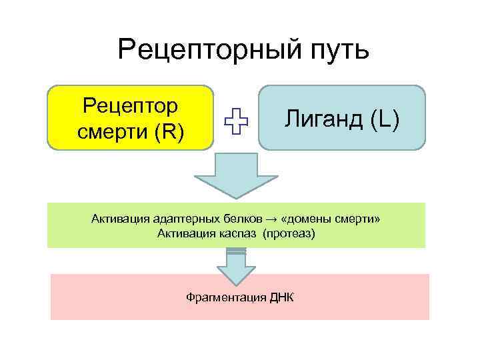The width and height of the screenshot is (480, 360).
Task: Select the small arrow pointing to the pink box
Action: pyautogui.click(x=237, y=267)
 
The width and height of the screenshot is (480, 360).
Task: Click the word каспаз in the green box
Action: pyautogui.click(x=237, y=233)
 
